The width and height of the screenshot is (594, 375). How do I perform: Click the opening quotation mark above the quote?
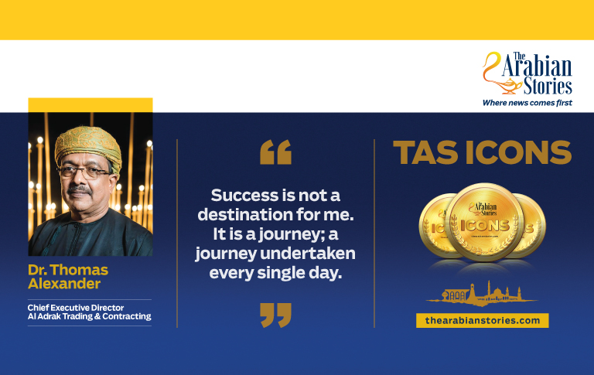pos(276,152)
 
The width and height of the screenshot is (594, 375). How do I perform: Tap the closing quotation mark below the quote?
pos(276,315)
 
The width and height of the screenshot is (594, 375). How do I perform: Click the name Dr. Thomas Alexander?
pos(68,277)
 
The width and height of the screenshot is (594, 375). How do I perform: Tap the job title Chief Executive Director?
pos(76,308)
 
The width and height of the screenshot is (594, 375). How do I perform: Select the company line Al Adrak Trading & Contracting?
pos(90,316)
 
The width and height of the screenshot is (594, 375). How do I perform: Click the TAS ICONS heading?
pos(483,152)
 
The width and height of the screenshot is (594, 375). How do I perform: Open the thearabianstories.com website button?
pos(483,320)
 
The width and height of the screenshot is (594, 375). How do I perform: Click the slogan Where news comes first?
pos(527,103)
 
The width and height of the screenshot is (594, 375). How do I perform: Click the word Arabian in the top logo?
pos(538,67)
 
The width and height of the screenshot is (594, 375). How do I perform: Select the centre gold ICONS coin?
pos(484,222)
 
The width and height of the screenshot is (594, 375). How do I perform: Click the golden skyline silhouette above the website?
pos(482,294)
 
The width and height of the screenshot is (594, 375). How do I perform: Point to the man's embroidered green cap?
pos(88,146)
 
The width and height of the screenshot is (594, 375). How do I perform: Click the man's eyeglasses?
pos(84,172)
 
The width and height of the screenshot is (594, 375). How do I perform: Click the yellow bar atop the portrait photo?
pos(90,105)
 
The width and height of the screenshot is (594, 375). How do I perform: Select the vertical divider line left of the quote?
pos(177,234)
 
